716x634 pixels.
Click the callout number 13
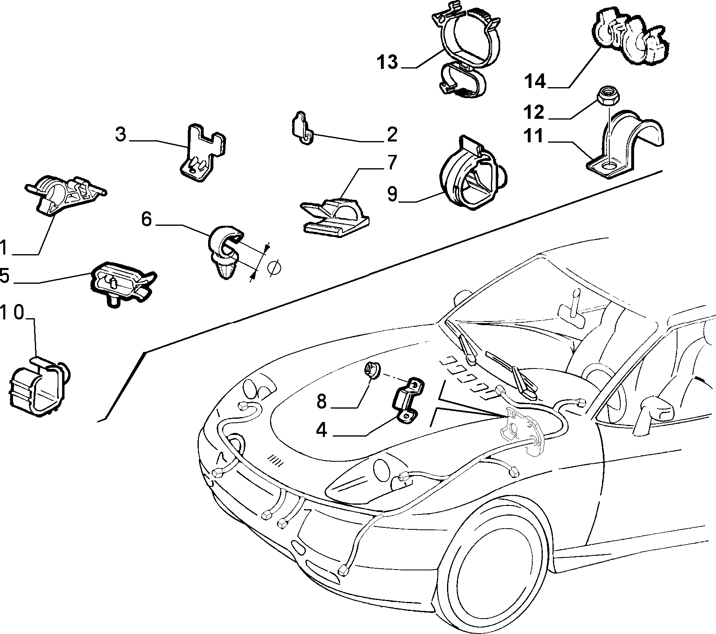(x=387, y=63)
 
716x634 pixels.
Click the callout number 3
(x=120, y=134)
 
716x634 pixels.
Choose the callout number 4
(x=321, y=431)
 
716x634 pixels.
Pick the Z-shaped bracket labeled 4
(x=407, y=400)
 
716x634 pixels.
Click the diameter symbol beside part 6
(x=274, y=268)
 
